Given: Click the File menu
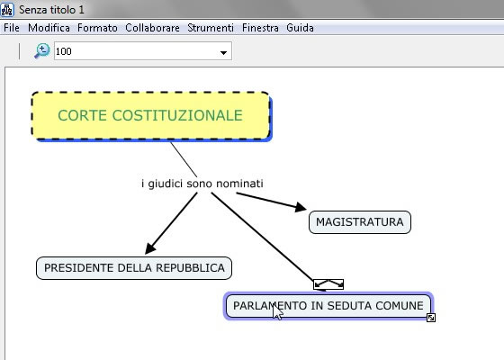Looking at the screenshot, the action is tap(12, 28).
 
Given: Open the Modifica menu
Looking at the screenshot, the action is tap(49, 28).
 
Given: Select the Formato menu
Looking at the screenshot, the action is tap(97, 28).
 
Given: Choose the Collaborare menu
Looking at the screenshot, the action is tap(152, 28).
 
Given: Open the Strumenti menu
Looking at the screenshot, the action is tap(211, 28).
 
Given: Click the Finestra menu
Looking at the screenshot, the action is tap(260, 28).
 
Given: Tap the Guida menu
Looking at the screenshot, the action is tap(300, 28).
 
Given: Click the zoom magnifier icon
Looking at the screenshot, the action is tap(42, 50).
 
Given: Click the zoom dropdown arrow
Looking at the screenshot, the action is tap(223, 52).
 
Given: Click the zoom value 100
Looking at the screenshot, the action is tap(64, 51).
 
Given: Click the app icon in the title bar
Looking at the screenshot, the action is tap(7, 9).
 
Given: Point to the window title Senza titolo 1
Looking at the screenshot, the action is tap(51, 10).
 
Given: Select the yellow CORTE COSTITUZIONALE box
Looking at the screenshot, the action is tap(150, 116).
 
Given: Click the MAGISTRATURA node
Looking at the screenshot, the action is tap(360, 222).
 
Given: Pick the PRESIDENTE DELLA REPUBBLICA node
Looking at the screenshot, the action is tap(134, 268).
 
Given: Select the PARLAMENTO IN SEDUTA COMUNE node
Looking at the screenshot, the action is tap(328, 306).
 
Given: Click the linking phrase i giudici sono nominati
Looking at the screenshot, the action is tap(202, 184).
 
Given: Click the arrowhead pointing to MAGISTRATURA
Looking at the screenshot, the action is tap(301, 207).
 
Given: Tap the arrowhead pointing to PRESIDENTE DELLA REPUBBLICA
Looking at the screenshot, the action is tap(149, 248).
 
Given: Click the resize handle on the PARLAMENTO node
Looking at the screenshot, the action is tap(431, 318).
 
